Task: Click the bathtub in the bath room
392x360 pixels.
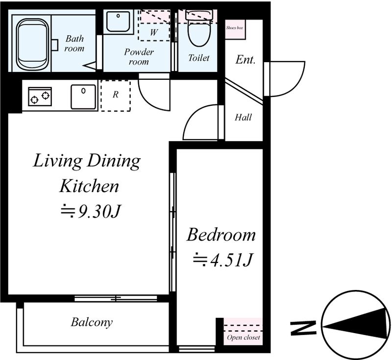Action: pyautogui.click(x=32, y=44)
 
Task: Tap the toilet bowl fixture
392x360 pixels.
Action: pyautogui.click(x=199, y=29)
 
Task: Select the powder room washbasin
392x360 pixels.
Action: pyautogui.click(x=118, y=22)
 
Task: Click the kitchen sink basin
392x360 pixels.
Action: pyautogui.click(x=83, y=96)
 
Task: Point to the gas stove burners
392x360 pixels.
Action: pyautogui.click(x=40, y=96)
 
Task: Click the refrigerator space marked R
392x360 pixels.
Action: pyautogui.click(x=116, y=96)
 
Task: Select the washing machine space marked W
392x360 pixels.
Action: pyautogui.click(x=154, y=32)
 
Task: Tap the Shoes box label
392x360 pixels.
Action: pyautogui.click(x=235, y=28)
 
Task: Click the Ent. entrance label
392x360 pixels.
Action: pyautogui.click(x=245, y=60)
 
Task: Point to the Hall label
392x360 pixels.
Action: pyautogui.click(x=243, y=117)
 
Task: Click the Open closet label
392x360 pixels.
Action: pyautogui.click(x=243, y=337)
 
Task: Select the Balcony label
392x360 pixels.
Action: pyautogui.click(x=92, y=322)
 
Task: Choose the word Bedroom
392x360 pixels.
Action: pyautogui.click(x=221, y=235)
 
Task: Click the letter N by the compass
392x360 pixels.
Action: pyautogui.click(x=303, y=328)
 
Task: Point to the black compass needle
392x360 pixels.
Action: pyautogui.click(x=356, y=324)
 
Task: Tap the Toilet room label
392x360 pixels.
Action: pyautogui.click(x=199, y=58)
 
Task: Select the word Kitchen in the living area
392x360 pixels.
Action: pyautogui.click(x=89, y=186)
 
